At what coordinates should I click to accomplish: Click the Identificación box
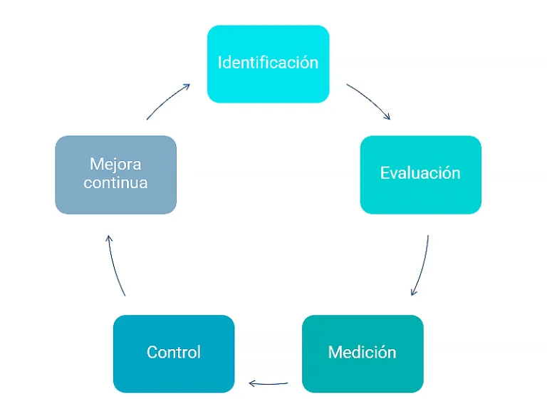[x=268, y=64]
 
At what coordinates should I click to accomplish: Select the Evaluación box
[x=420, y=175]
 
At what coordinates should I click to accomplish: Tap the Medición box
[x=363, y=353]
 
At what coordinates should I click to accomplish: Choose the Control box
[x=174, y=353]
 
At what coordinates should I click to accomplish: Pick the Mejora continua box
[x=115, y=175]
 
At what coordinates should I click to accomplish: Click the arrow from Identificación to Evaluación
[x=369, y=100]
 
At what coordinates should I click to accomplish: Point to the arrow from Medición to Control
[x=269, y=384]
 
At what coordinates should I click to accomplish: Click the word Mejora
[x=115, y=165]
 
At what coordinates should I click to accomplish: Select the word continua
[x=115, y=183]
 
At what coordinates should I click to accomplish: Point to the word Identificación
[x=268, y=62]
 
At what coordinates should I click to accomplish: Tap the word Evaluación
[x=420, y=173]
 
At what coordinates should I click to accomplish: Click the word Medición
[x=363, y=352]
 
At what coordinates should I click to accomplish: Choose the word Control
[x=174, y=352]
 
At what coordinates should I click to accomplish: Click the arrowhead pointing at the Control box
[x=251, y=384]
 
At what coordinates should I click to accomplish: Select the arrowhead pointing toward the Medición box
[x=413, y=292]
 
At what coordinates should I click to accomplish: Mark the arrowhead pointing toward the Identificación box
[x=187, y=86]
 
